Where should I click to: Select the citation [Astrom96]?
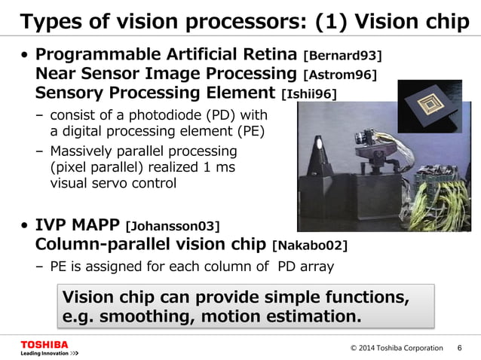point(339,75)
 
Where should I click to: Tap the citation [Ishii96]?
point(308,93)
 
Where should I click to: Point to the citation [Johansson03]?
point(173,225)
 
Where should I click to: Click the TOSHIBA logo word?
point(44,344)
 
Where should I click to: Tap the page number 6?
point(460,348)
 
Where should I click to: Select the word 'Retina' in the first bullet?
point(268,55)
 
